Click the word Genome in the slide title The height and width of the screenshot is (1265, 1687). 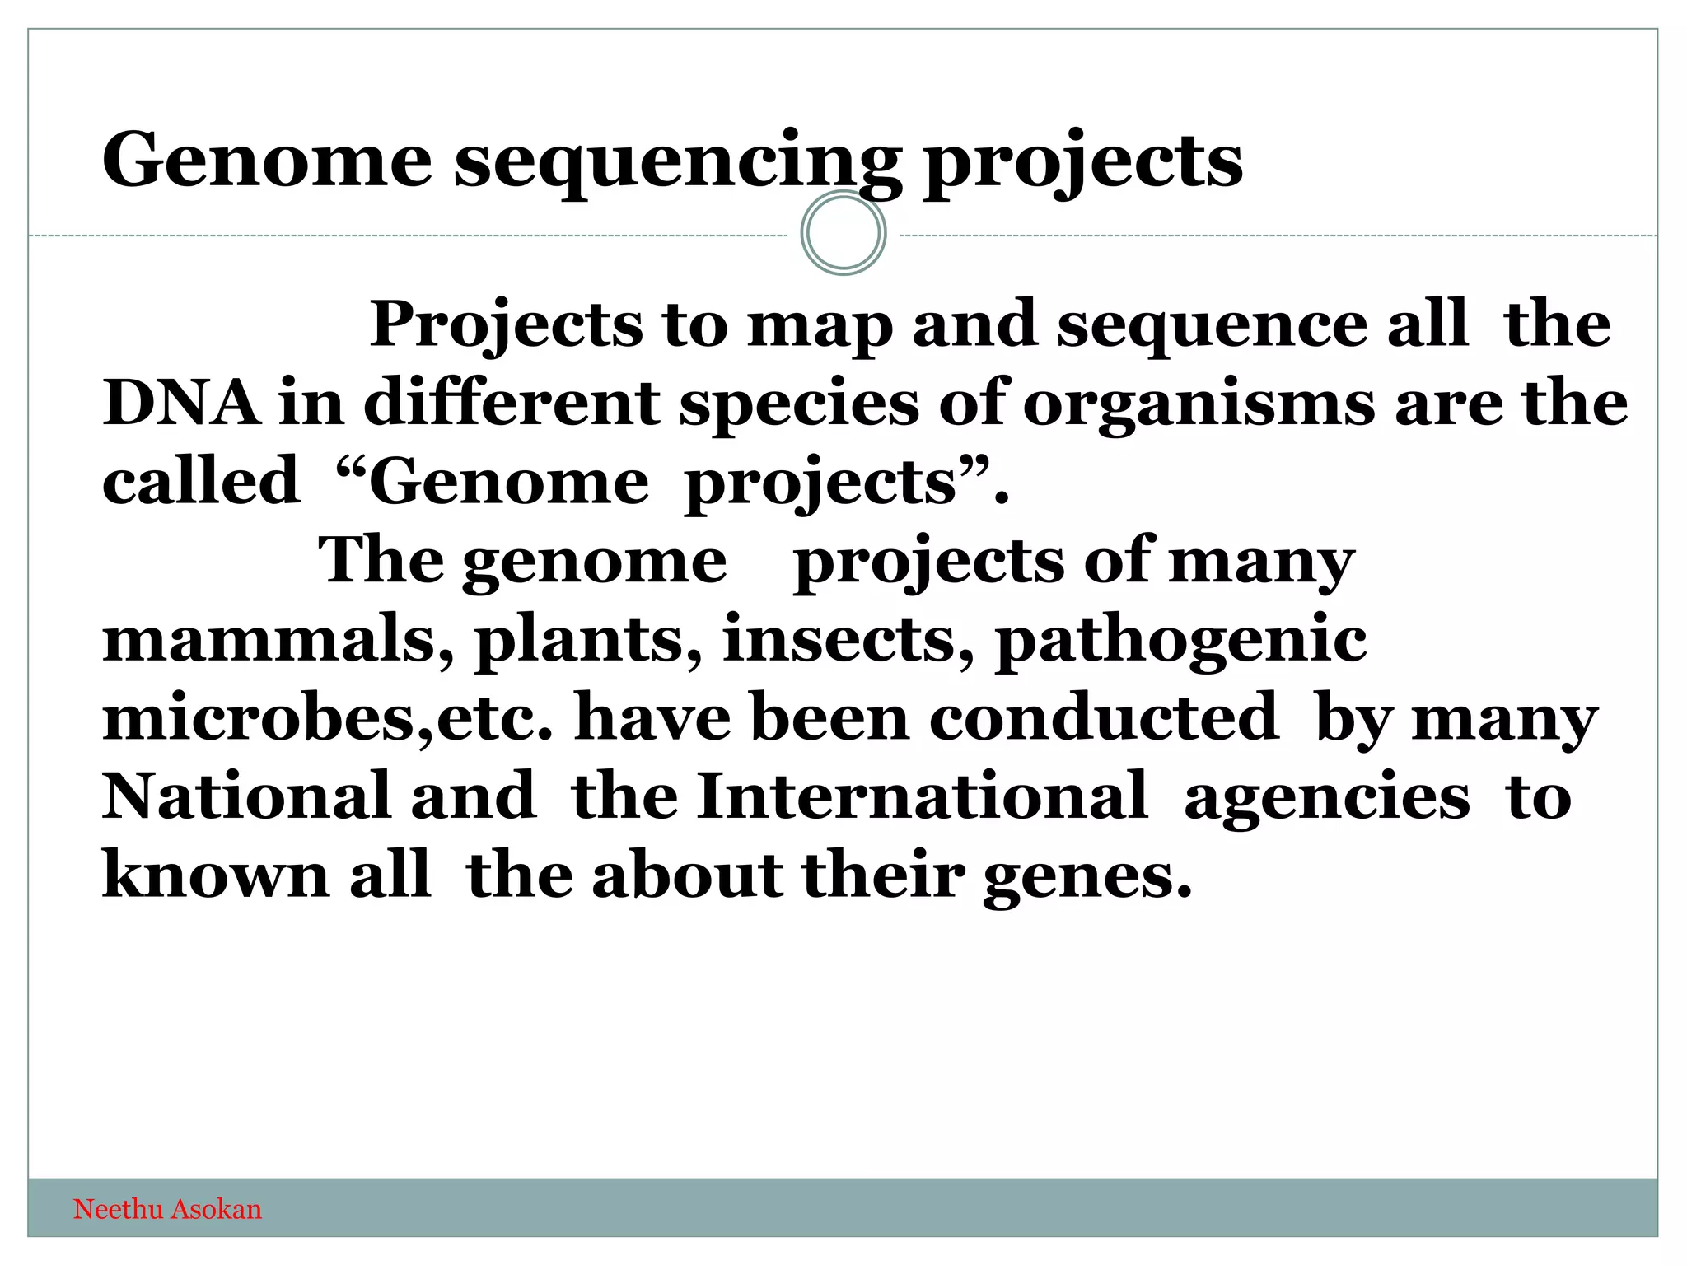[266, 161]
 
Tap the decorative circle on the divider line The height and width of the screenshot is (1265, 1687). [843, 233]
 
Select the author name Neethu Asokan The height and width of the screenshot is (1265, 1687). [167, 1209]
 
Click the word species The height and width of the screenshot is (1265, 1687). [798, 404]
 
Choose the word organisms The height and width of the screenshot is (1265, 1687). [1199, 404]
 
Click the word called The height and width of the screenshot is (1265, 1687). [200, 482]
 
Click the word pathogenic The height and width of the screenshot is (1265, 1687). [1181, 642]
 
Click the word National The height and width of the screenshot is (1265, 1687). [245, 796]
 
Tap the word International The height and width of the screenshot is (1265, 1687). [921, 796]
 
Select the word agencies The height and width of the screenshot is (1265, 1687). [1326, 799]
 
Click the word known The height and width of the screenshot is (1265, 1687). [216, 875]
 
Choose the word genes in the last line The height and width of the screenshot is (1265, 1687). [1087, 878]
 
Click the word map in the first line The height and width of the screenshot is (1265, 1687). [820, 326]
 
